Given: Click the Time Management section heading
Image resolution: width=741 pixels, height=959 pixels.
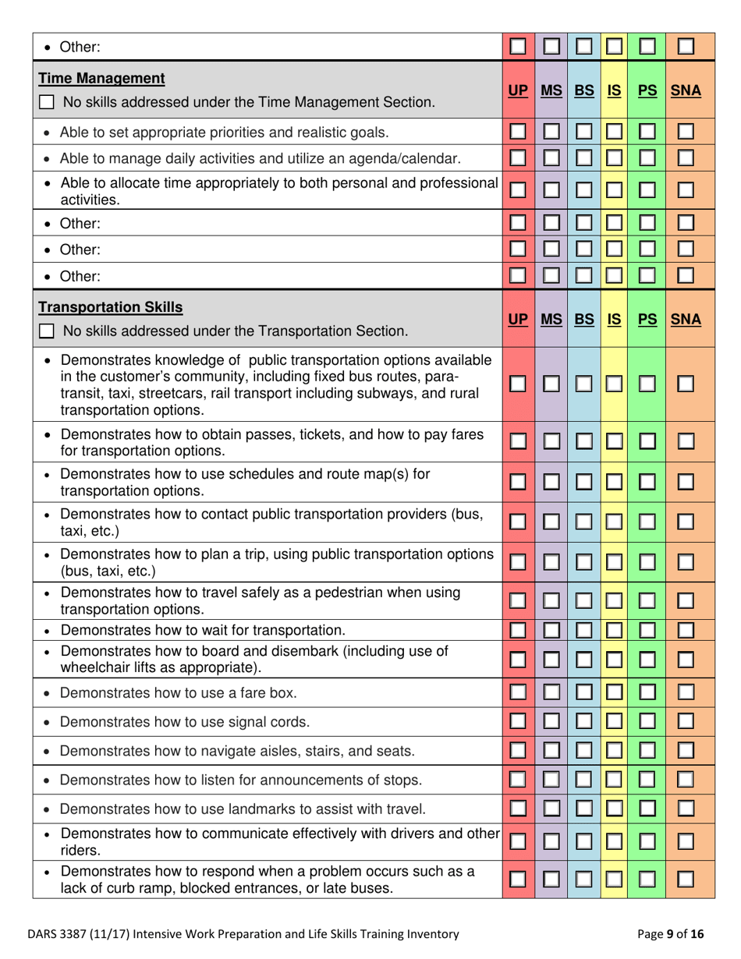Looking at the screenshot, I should (x=101, y=78).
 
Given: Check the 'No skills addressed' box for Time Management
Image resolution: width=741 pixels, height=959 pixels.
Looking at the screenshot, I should (x=48, y=102).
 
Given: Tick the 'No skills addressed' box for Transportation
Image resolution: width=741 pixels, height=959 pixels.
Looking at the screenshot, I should (x=48, y=331).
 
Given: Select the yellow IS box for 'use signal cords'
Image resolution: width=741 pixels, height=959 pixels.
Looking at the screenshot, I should (x=613, y=722).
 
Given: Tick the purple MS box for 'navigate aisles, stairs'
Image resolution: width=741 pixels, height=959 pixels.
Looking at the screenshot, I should (x=551, y=751).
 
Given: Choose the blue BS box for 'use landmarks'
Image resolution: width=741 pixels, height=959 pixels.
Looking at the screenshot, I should (x=583, y=810).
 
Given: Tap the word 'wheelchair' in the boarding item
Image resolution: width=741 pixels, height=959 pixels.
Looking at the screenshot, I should (x=94, y=667).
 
